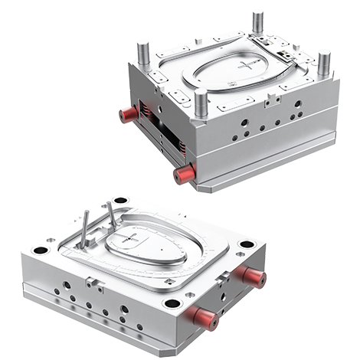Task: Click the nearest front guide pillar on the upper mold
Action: [201, 102]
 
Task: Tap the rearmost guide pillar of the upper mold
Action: [257, 23]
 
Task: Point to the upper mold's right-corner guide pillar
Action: [324, 62]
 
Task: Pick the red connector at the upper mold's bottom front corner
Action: [185, 174]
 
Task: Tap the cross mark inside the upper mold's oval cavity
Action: [247, 66]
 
